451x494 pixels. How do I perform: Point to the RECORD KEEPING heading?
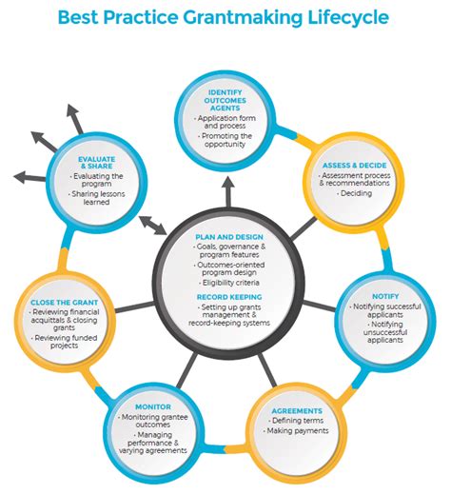click(x=225, y=296)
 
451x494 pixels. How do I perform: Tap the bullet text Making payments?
click(x=299, y=431)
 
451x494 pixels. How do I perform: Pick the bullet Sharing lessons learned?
click(x=98, y=196)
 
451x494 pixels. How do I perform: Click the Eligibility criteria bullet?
click(x=227, y=283)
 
